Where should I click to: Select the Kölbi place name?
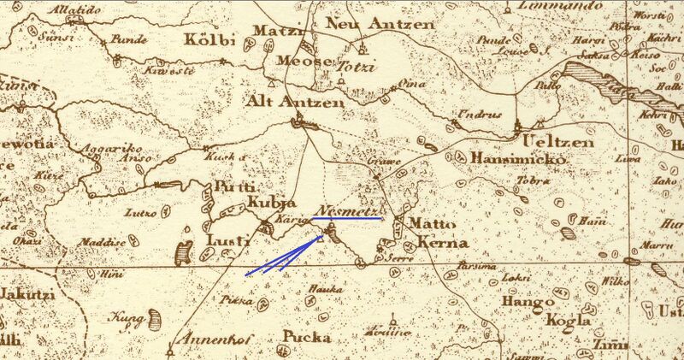click(207, 40)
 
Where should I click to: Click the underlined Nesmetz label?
click(345, 210)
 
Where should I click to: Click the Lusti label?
click(228, 240)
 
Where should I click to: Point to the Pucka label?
click(306, 335)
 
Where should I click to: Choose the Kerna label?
click(443, 243)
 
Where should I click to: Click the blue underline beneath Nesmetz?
click(345, 219)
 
